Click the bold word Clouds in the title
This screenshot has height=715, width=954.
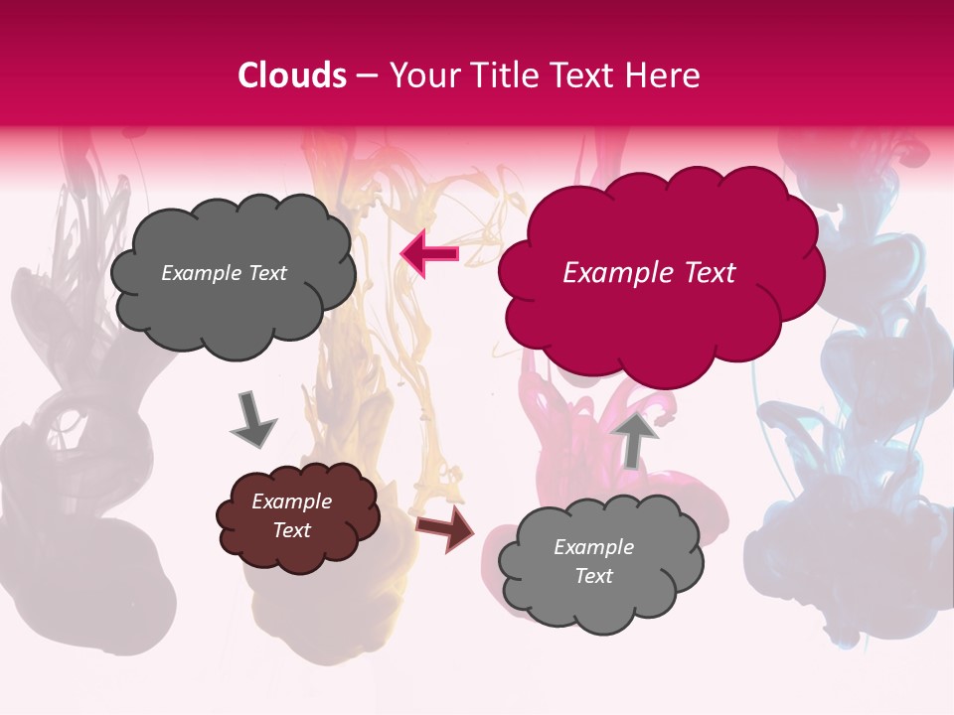292,75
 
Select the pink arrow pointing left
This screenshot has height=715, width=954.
429,254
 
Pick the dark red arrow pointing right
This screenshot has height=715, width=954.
445,529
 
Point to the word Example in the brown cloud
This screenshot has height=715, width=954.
291,501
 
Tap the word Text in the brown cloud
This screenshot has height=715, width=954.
291,530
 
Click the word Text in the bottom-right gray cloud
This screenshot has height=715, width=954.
593,576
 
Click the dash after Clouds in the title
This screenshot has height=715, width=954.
365,75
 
